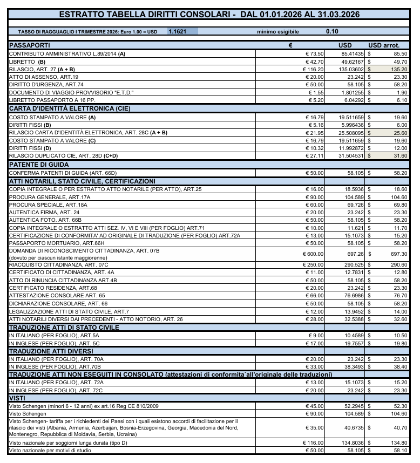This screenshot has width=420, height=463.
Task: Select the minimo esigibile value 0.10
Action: point(333,32)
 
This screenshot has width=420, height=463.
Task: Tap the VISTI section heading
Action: point(18,398)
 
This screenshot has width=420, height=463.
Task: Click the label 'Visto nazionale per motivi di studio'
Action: point(49,450)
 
